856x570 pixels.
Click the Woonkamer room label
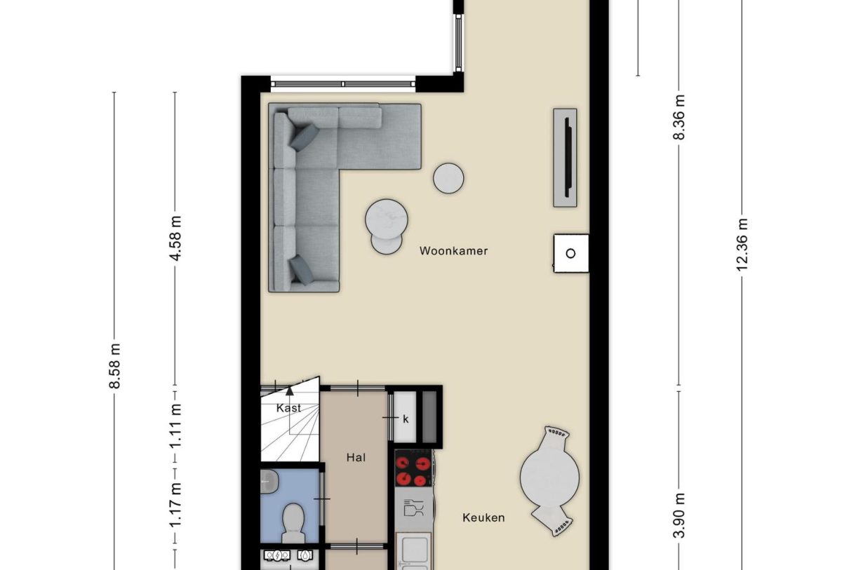[x=453, y=250]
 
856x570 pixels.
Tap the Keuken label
[x=483, y=517]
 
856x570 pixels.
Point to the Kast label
[x=288, y=407]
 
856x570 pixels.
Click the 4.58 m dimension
[x=175, y=238]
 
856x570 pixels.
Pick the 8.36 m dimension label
[x=679, y=116]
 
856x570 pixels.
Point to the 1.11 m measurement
[x=175, y=426]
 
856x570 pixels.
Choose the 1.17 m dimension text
[x=175, y=505]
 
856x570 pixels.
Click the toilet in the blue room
[x=292, y=522]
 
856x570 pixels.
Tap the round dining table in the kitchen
[x=549, y=480]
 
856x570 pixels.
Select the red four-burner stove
[x=413, y=469]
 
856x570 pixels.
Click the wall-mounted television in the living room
[x=566, y=157]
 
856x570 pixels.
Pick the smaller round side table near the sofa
[x=448, y=177]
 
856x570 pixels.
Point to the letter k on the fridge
[x=405, y=419]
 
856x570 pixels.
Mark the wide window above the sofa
[x=343, y=84]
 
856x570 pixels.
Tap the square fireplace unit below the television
[x=570, y=253]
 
